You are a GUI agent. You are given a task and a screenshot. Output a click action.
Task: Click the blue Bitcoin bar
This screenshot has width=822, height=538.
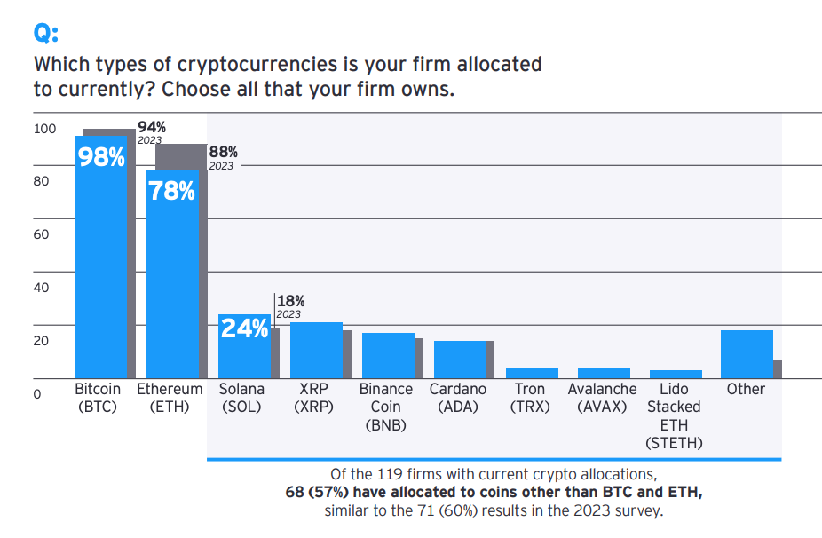coord(100,266)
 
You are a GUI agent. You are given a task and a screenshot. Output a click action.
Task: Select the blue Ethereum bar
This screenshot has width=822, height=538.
coord(172,284)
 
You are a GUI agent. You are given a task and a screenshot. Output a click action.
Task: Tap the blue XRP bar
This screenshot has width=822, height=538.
coord(316,351)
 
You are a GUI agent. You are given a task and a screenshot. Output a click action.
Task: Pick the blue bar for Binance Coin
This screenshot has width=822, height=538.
coord(388,356)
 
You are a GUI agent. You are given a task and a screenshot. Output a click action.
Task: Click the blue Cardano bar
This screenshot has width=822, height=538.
coord(460,360)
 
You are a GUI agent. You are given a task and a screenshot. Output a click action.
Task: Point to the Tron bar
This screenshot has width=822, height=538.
coord(532,373)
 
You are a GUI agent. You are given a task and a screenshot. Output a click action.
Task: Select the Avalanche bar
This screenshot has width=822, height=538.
coord(604,373)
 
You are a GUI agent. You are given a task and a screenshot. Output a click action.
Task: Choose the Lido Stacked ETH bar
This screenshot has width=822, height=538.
coord(676,375)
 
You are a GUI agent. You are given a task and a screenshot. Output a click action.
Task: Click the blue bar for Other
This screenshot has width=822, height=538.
coord(747,354)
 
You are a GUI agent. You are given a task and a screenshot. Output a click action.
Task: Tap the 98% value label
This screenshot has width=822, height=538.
coord(101,157)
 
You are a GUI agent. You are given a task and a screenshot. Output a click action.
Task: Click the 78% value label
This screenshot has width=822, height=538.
coord(172,190)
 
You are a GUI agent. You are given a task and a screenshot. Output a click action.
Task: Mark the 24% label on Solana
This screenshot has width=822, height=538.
coord(244,328)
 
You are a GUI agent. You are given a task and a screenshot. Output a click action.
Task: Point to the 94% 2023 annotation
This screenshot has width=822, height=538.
coord(151,132)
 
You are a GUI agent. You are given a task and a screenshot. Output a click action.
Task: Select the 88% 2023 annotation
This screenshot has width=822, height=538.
coord(223,157)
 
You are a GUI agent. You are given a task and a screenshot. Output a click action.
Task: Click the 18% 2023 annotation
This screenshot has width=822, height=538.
coord(290,306)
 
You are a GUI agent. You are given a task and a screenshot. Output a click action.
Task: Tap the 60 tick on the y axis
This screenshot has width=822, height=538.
coord(41,235)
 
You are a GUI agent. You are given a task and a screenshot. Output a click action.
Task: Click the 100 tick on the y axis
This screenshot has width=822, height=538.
coord(43,129)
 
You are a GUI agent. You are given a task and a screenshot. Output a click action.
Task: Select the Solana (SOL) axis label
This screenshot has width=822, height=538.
coord(244,398)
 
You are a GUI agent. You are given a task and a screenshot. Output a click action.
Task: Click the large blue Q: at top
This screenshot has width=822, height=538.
coord(45,32)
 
